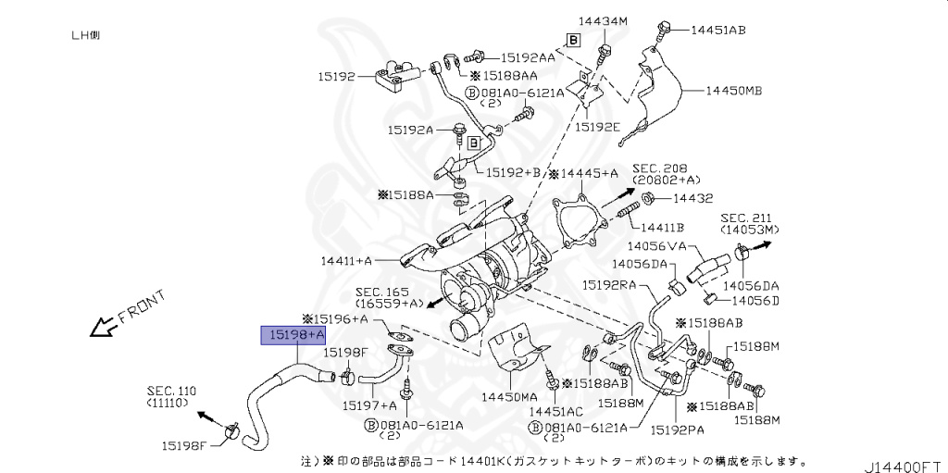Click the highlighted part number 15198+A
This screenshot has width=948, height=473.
tap(296, 334)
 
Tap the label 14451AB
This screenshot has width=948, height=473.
tap(717, 30)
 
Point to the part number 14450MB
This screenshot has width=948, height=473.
tap(734, 91)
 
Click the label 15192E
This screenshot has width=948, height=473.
tap(597, 126)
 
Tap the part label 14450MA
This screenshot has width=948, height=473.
tap(509, 396)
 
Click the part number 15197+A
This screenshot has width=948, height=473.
tap(369, 405)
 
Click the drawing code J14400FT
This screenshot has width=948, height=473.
tap(904, 459)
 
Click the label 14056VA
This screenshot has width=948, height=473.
tap(655, 246)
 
